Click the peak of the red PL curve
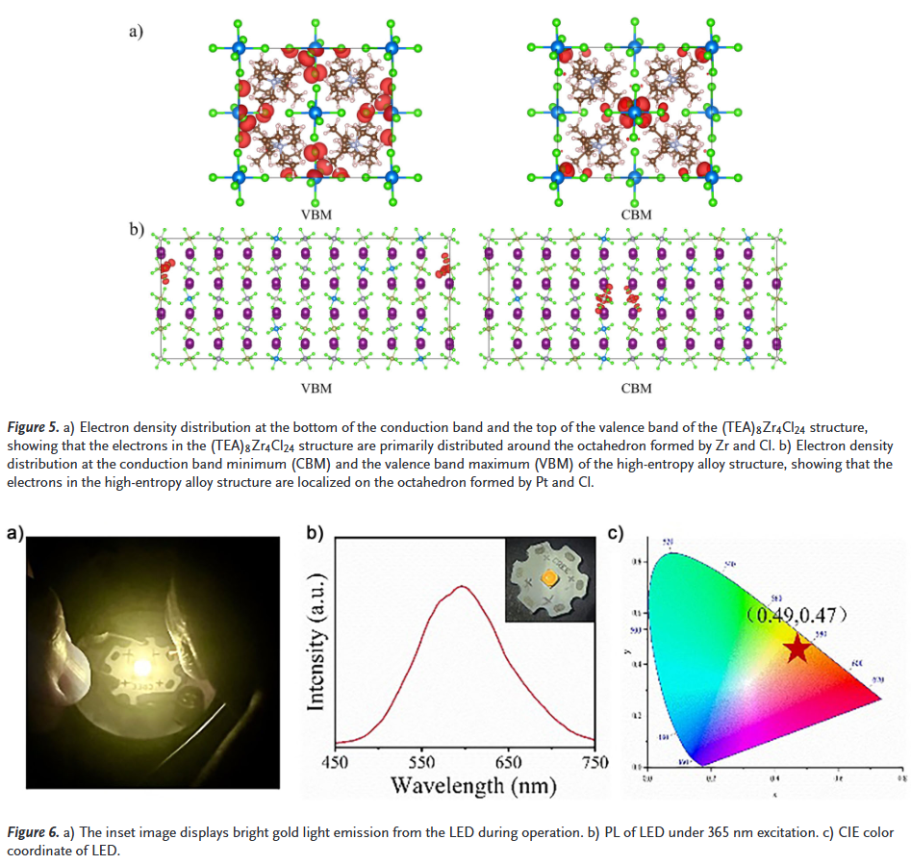(x=464, y=586)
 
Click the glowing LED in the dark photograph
(x=143, y=665)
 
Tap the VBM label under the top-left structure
(x=316, y=215)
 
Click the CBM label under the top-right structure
(x=636, y=215)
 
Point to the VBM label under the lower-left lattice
(x=316, y=388)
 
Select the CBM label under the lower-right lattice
(x=636, y=388)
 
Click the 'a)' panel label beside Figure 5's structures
(x=136, y=31)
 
